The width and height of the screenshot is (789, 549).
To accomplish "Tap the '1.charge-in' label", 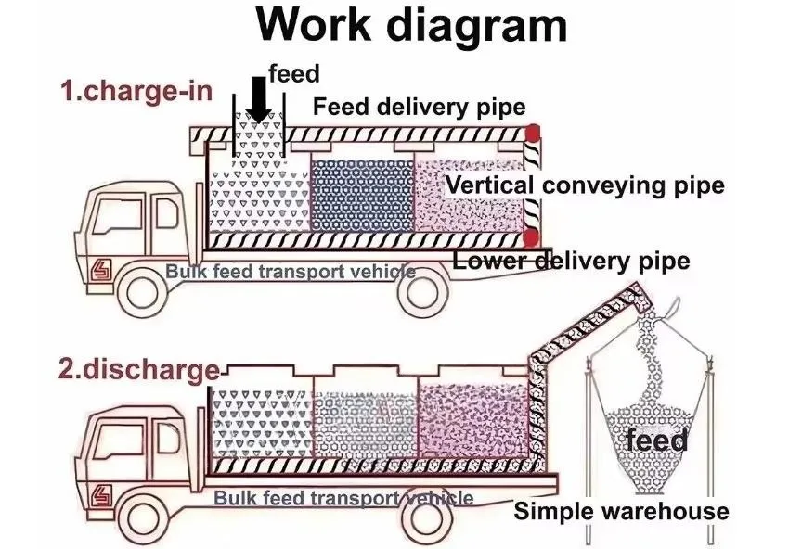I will click(136, 92).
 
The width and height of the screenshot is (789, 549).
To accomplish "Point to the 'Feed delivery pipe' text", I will click(419, 107).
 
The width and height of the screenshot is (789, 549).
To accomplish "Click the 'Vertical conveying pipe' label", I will click(585, 185).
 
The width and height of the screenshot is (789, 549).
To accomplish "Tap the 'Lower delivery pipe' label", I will click(572, 262).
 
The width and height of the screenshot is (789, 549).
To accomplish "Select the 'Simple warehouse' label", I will click(621, 511).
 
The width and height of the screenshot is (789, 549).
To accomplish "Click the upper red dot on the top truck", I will click(533, 134).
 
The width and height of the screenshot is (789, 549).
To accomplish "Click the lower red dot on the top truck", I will click(532, 237).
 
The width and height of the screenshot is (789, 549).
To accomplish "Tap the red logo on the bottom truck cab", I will click(98, 496).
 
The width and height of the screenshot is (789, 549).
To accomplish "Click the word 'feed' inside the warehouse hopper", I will click(656, 440).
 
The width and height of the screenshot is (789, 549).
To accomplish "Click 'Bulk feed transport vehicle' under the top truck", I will click(291, 272).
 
